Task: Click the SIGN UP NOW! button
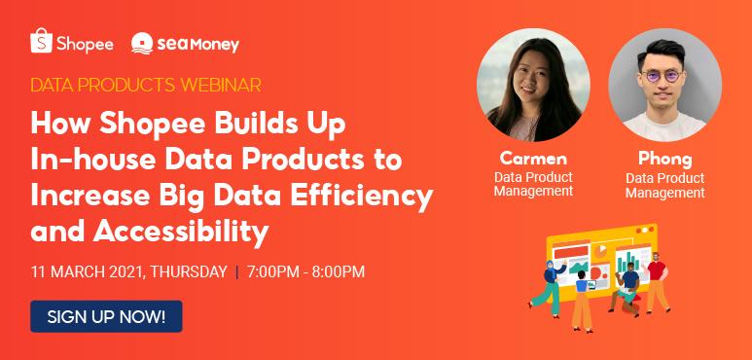[x=106, y=316]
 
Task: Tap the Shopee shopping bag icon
[x=41, y=43]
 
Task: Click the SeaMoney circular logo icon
[x=142, y=44]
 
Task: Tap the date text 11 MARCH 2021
[x=87, y=271]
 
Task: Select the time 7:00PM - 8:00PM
[x=306, y=271]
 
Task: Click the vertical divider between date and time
[x=236, y=271]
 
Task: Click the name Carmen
[x=532, y=158]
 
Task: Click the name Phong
[x=664, y=159]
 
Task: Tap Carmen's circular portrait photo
[x=533, y=85]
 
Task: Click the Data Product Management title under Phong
[x=664, y=186]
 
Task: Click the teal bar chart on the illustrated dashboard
[x=628, y=262]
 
